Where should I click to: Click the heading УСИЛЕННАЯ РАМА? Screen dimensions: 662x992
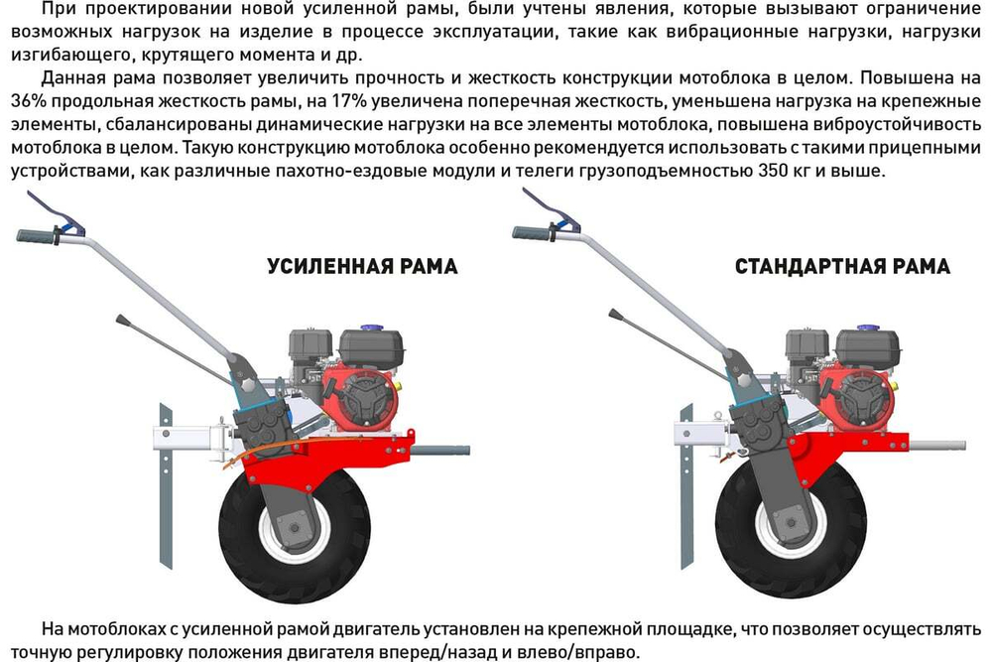362,267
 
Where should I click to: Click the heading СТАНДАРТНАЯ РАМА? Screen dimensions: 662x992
842,267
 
